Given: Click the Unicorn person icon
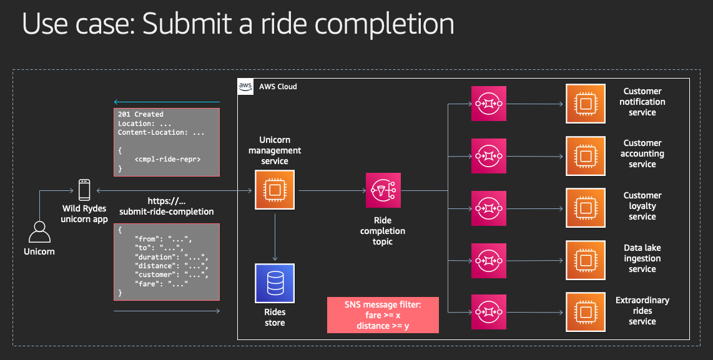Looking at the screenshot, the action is coord(39,232).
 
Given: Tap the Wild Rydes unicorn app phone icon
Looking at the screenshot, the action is coord(84,190).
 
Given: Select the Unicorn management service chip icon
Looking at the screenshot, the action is coord(275,190).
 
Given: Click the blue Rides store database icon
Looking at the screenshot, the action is coord(275,283).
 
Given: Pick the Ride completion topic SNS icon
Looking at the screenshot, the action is coord(383,190).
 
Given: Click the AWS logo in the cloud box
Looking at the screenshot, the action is coord(245,86).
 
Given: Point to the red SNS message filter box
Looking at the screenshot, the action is coord(383,315).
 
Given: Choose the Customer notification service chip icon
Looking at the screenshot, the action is coord(586,104).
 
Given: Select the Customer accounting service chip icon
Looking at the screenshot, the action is coord(586,156).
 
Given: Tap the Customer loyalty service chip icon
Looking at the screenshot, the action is coord(586,208).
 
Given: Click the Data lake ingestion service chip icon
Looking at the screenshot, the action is coord(586,260).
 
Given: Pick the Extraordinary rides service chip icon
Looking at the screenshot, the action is coord(586,313).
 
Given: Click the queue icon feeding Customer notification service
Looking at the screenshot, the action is coord(489,104).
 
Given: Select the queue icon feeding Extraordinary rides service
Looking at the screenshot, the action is coord(489,313).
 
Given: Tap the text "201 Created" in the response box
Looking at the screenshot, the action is coord(140,115).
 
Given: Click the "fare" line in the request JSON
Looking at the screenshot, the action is coord(161,284).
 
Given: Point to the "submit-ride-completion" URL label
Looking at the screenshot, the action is coord(167,212).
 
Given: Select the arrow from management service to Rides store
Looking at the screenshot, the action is coord(275,236).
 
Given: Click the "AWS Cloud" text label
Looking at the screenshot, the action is coord(278,86).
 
